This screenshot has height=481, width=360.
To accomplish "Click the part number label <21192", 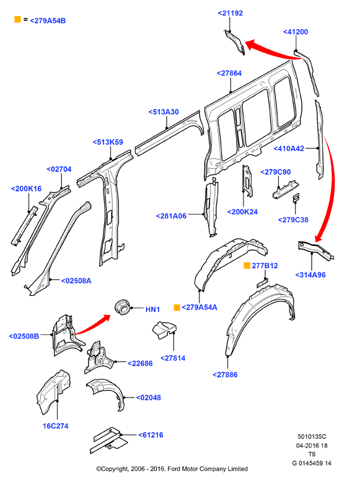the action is [230, 13].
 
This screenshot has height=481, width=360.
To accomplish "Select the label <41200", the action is [296, 32].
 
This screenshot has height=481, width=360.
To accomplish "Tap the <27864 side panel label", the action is [229, 73].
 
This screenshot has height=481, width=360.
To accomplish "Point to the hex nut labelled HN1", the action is [122, 307].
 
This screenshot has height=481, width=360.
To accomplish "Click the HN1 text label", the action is [152, 310].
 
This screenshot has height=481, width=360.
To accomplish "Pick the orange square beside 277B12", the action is [247, 266].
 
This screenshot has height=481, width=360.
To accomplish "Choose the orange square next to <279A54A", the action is [177, 308].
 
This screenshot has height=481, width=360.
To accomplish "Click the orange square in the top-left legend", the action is [17, 19].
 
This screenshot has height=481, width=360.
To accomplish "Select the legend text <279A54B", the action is [48, 21].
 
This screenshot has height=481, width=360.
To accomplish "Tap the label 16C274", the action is [55, 426].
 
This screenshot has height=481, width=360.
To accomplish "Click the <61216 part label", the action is [151, 435].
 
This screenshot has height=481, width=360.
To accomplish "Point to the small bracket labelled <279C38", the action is [296, 198].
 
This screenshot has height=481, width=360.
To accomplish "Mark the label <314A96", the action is [310, 275].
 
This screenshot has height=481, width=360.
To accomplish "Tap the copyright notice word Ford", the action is [175, 469].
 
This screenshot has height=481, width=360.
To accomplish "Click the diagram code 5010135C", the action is [312, 436].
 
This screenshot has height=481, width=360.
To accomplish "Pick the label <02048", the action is [148, 398].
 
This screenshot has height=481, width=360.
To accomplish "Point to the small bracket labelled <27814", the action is [164, 331].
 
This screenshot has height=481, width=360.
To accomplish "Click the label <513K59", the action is [108, 142].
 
